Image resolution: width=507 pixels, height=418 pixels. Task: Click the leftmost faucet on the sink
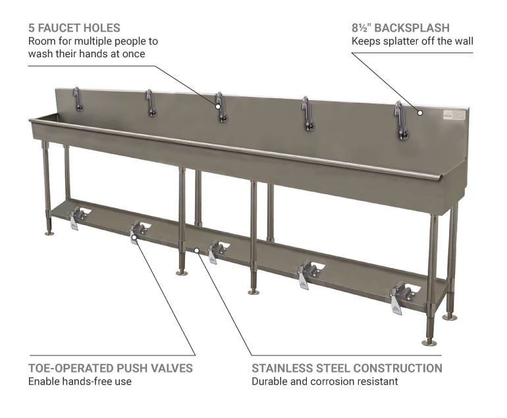tap(78, 99)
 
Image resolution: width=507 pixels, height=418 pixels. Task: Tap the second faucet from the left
tap(151, 103)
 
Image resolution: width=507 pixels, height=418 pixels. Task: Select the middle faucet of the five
tap(221, 109)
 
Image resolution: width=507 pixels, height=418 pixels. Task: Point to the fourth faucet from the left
tap(307, 113)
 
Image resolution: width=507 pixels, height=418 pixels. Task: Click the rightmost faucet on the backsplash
tap(400, 120)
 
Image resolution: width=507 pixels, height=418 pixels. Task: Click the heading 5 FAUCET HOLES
tap(74, 28)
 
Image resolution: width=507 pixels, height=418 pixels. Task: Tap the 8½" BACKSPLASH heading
tap(400, 28)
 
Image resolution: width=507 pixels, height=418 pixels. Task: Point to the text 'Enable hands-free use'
tap(80, 381)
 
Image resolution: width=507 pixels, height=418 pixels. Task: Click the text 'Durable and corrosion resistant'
tap(325, 381)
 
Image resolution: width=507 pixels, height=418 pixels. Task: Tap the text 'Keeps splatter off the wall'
tap(412, 41)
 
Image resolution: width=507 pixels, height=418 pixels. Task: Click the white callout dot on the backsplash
tap(420, 113)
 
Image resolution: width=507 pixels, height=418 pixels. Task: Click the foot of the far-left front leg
tap(49, 232)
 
